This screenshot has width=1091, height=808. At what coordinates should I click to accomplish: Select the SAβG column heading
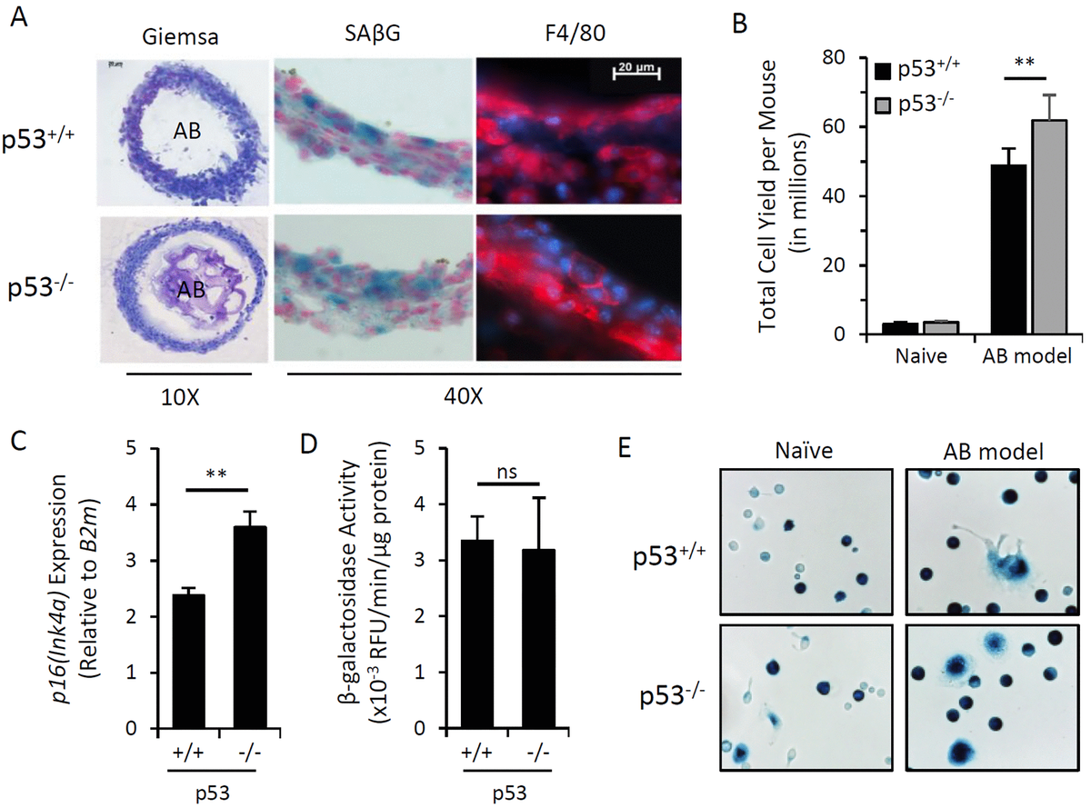coord(373,35)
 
